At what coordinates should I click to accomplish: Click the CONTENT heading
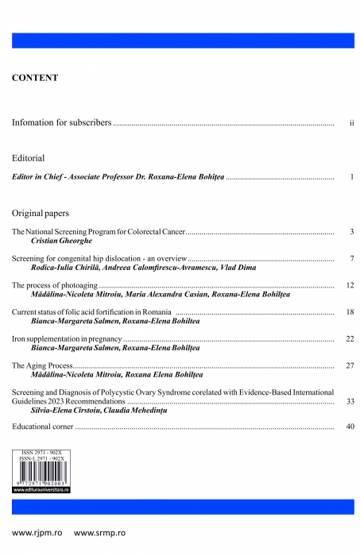[35, 78]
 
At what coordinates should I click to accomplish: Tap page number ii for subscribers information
[351, 125]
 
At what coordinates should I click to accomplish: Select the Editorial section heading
[29, 157]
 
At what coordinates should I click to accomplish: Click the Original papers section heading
[41, 213]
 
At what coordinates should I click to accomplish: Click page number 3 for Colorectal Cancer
[351, 231]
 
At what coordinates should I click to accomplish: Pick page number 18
[350, 312]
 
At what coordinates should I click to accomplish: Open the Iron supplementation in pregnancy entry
[67, 339]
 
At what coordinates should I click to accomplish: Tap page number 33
[350, 402]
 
